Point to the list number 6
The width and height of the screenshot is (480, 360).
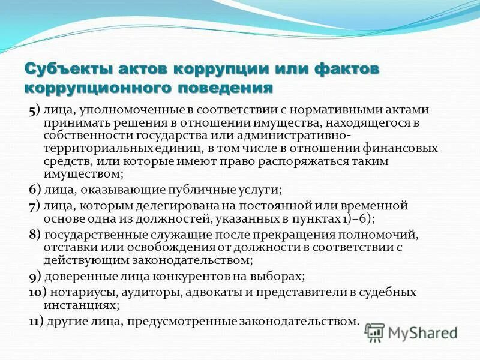[32, 190]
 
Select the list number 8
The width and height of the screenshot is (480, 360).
[32, 234]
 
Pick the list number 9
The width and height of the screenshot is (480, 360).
[32, 277]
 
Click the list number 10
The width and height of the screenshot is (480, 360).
[34, 292]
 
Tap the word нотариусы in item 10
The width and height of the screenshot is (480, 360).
[82, 292]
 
